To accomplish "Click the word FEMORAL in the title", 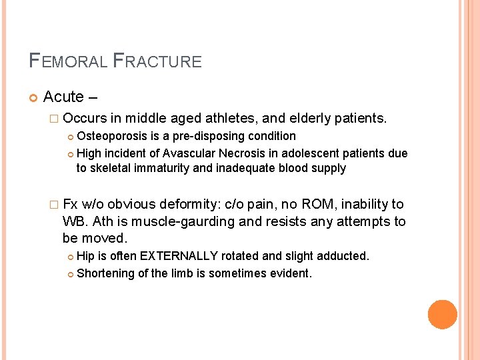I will coord(67,61).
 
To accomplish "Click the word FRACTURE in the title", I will coord(157,61).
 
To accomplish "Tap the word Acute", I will coord(63,97).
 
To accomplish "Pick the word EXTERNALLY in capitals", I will coord(179,256).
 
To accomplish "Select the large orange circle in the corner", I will coord(442,315).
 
